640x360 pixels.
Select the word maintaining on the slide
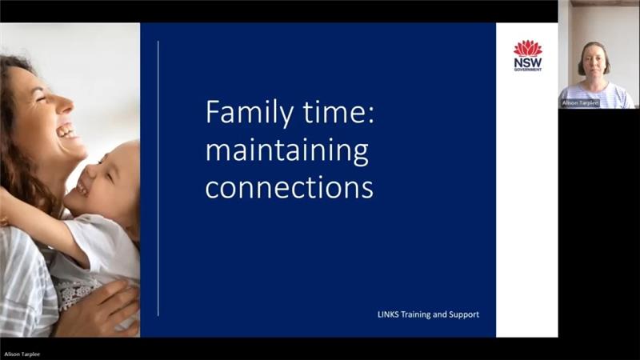(x=287, y=151)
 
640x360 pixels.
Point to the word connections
(x=289, y=187)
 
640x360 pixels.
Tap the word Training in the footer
(x=415, y=314)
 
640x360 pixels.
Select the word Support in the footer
(x=464, y=314)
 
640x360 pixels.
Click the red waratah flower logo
(x=528, y=48)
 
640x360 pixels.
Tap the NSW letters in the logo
(x=528, y=63)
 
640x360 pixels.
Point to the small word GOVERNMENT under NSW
(x=528, y=70)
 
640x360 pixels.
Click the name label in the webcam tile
(x=581, y=103)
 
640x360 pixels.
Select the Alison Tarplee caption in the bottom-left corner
(x=22, y=354)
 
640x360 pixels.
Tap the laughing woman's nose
(x=66, y=106)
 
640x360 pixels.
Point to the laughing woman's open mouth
(x=66, y=131)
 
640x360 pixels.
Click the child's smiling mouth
(x=82, y=188)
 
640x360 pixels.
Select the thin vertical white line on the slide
(x=158, y=178)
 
